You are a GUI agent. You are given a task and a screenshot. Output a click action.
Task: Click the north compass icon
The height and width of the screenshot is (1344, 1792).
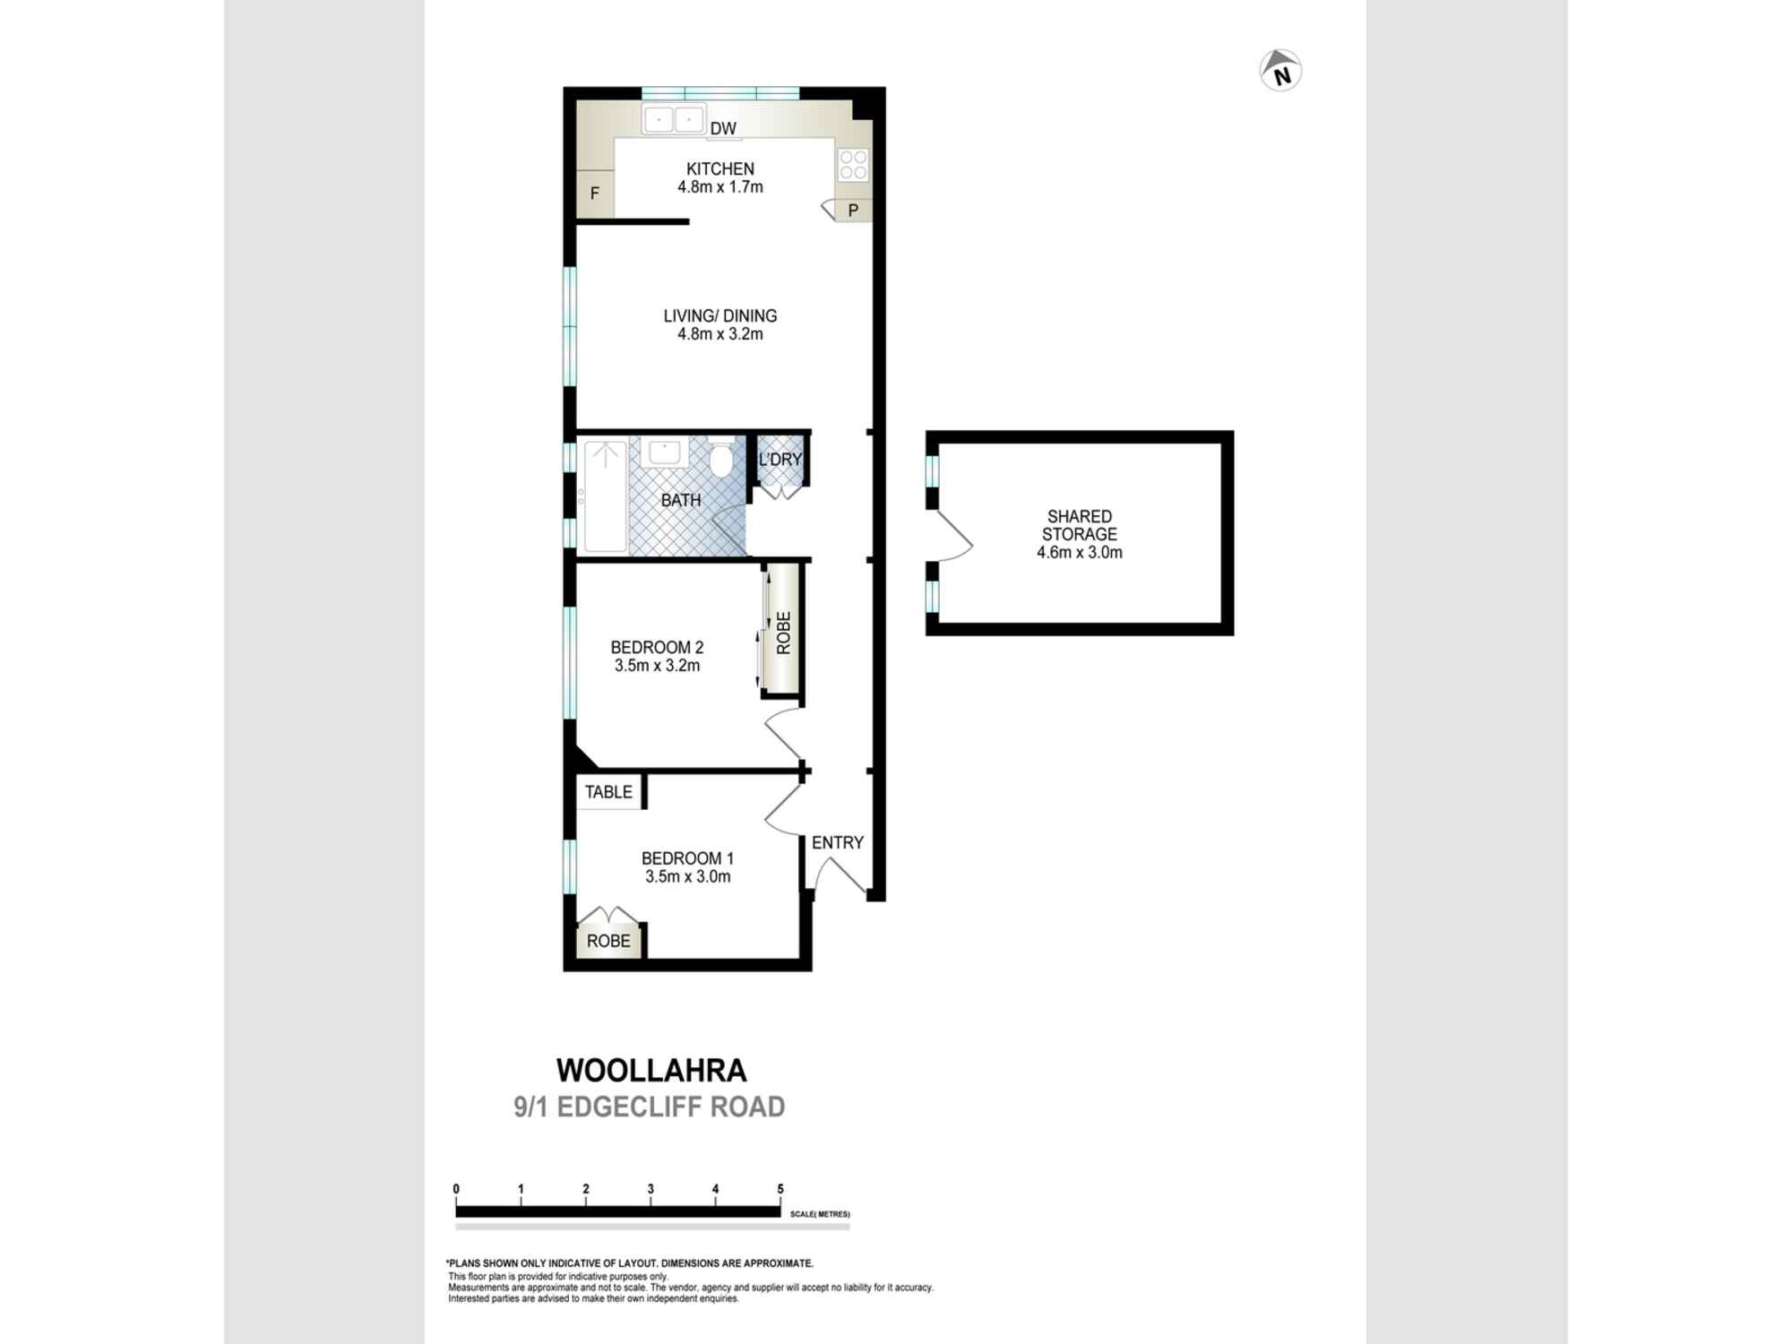1280,71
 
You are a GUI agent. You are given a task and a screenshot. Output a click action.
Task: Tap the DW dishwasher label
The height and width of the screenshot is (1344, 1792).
722,129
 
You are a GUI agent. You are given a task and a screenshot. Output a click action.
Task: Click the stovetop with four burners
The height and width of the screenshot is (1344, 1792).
852,165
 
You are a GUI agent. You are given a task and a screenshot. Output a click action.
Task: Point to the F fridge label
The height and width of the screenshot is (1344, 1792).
594,194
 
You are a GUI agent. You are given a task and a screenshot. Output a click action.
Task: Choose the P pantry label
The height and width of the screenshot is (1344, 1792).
853,211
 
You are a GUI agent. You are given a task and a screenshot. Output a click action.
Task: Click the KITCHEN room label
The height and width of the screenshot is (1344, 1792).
719,168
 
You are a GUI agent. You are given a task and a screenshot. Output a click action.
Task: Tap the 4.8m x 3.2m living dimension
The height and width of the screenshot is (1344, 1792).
719,334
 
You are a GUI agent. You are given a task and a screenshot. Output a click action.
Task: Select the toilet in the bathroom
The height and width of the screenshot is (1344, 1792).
720,460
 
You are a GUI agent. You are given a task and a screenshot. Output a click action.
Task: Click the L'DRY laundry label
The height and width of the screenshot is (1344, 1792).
780,460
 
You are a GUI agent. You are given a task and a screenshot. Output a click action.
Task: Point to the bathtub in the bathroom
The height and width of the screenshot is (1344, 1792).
605,495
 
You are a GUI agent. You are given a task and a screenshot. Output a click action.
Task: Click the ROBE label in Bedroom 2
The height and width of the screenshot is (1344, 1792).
783,633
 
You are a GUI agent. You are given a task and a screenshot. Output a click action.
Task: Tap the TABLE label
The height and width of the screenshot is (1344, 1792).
608,792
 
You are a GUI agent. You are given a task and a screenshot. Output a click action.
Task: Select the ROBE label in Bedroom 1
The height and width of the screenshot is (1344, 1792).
608,941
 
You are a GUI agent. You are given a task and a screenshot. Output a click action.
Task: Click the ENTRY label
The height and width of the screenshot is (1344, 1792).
837,842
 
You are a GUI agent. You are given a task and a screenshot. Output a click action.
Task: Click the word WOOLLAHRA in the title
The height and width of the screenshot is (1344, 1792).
651,1071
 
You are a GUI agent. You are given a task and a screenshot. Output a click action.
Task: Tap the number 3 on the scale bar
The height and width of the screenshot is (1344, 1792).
650,1189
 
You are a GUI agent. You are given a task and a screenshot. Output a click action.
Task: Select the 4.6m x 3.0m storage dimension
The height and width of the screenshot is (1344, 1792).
1079,553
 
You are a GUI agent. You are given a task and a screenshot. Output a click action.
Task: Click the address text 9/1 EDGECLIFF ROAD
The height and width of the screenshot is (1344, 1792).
649,1107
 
